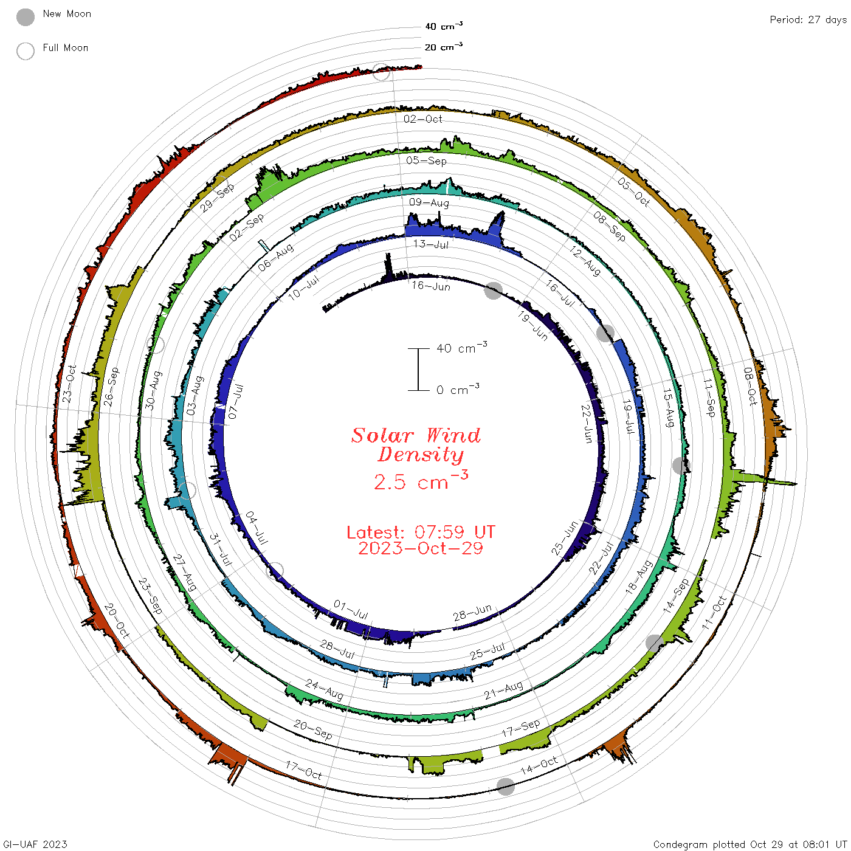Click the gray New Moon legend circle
click(x=25, y=17)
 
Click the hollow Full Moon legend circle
click(x=25, y=51)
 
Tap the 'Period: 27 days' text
click(x=808, y=20)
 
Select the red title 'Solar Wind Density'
click(x=416, y=445)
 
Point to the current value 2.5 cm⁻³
click(x=421, y=481)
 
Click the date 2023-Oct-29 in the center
click(x=421, y=548)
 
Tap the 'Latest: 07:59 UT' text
click(x=421, y=532)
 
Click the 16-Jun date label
click(x=430, y=286)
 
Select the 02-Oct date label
click(x=422, y=119)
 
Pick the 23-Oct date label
click(x=69, y=384)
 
